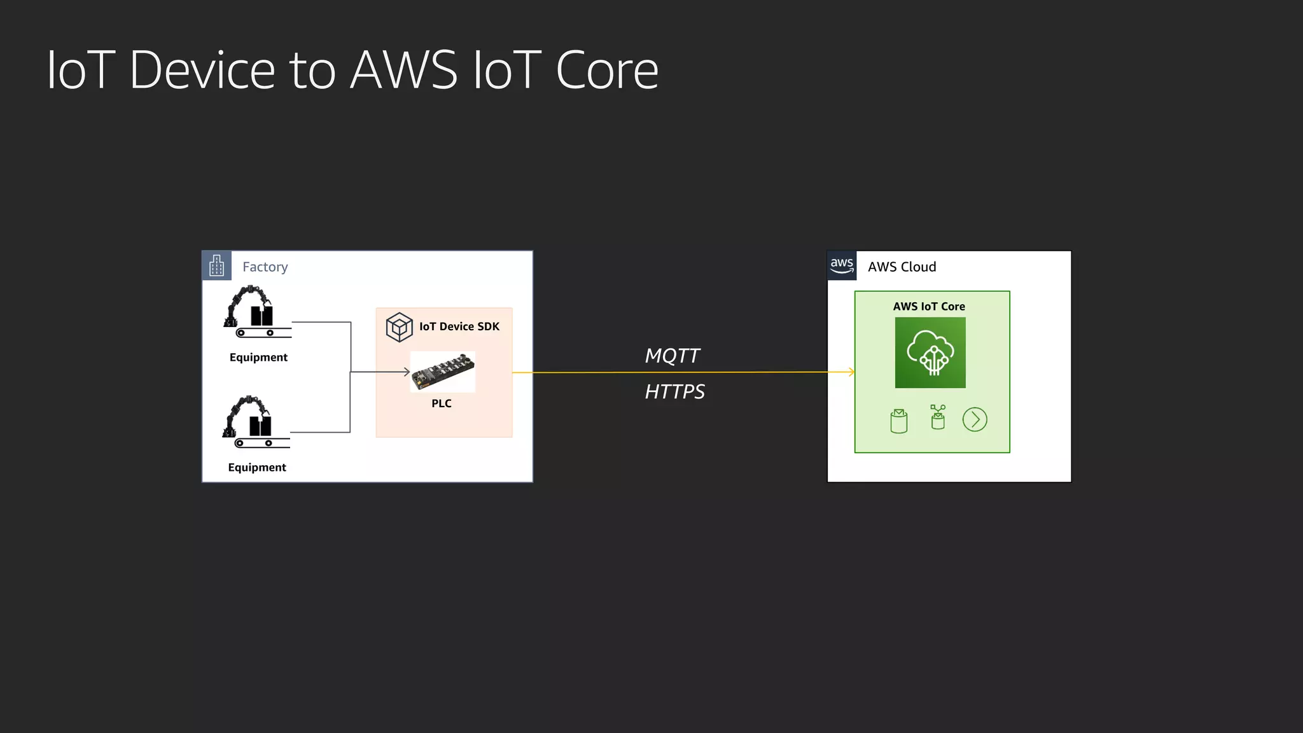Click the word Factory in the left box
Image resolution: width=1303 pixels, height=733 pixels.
point(265,267)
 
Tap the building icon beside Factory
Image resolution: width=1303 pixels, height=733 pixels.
point(216,266)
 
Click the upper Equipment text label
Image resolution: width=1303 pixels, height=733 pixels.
point(258,358)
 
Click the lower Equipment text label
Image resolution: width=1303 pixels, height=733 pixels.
point(257,468)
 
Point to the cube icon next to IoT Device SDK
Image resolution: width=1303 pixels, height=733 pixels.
point(399,327)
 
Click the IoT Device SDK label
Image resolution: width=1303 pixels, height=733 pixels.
point(459,326)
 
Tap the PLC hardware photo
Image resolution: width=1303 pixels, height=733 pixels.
point(443,372)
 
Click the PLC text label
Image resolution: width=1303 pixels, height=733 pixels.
point(442,403)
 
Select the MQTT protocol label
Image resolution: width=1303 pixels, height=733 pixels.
point(672,356)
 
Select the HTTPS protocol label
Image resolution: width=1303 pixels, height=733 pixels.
point(674,391)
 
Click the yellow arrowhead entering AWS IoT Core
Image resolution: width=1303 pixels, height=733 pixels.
point(851,372)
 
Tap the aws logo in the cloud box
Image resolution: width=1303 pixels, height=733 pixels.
point(842,265)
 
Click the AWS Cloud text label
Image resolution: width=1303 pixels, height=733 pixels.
point(902,267)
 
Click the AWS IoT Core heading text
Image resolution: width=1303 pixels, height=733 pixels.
point(929,307)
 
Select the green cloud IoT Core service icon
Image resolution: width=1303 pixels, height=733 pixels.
point(930,353)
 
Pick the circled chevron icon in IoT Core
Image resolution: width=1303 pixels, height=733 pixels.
point(975,420)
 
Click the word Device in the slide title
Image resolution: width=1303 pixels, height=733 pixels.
point(202,70)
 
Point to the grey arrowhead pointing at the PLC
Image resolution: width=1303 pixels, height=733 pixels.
point(406,372)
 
